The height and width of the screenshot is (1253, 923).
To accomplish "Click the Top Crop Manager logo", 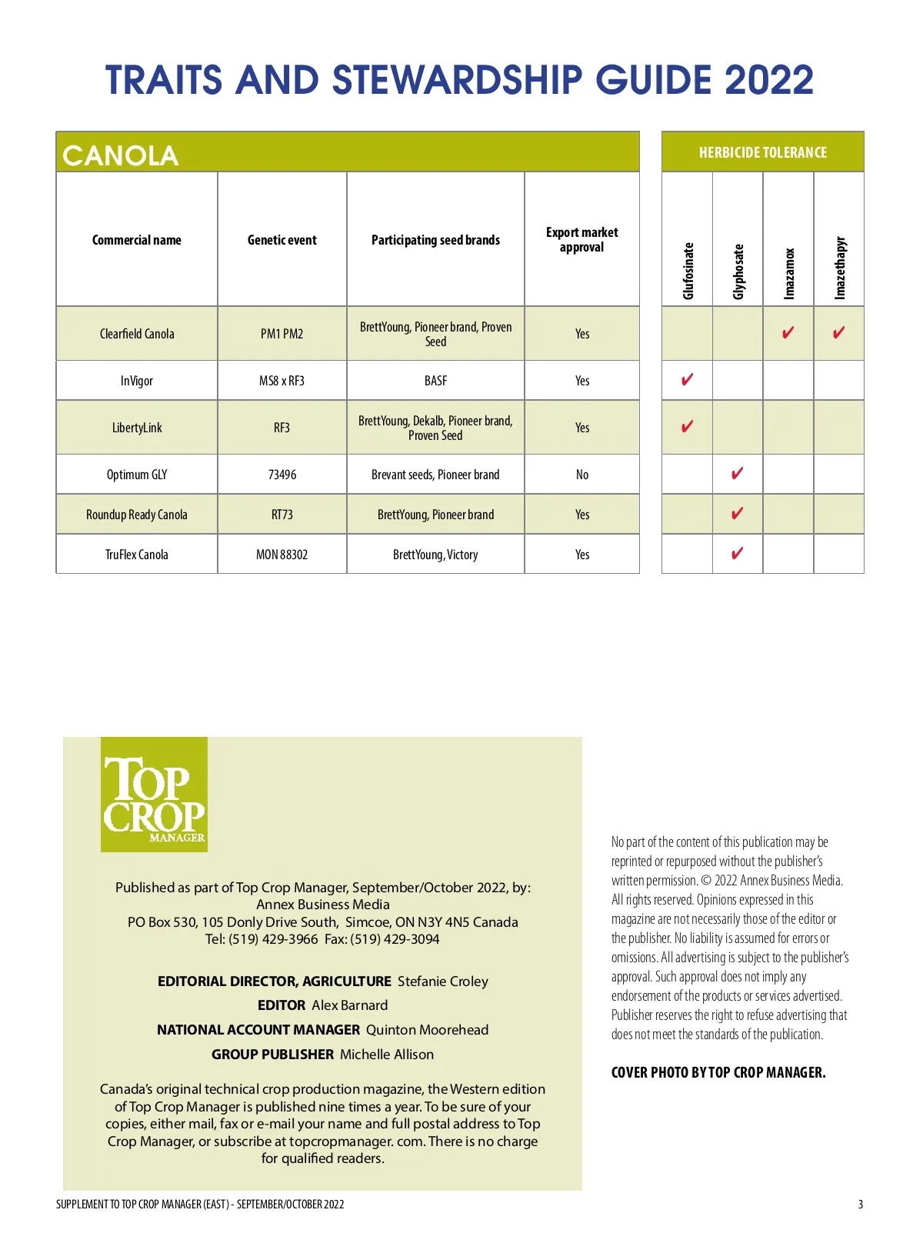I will pos(154,794).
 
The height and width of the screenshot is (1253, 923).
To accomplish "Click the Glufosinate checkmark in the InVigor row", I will pos(687,379).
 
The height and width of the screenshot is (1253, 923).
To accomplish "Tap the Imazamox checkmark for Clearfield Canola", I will pos(788,332).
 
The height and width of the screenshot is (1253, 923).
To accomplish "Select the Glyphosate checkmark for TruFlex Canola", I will pos(737,553).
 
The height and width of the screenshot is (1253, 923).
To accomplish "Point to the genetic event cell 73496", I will pos(282,475).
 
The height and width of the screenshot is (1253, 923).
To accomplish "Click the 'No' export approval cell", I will pos(582,475).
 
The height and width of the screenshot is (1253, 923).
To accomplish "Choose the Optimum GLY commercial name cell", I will pos(137,475).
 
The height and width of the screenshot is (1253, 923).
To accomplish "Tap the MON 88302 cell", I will pos(282,555).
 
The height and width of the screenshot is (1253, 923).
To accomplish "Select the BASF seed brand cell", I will pos(435,381).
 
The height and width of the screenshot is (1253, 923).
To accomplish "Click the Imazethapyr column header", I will pos(840,268).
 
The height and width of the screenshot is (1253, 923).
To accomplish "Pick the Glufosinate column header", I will pos(688,271).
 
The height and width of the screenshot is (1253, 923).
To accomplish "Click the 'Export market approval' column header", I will pos(582,239).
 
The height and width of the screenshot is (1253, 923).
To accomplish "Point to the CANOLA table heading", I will pos(121,155).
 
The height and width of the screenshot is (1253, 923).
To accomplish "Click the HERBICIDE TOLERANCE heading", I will pos(762,152).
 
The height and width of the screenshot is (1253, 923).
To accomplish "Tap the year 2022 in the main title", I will pos(768,80).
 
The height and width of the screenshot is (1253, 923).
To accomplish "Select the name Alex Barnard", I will pos(349,1005).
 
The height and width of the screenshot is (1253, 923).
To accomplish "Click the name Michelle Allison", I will pos(386,1055).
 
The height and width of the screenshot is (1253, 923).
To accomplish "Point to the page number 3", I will pos(861,1205).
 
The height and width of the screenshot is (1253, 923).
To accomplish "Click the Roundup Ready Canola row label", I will pos(137,515).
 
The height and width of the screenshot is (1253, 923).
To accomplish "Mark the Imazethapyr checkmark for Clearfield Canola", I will pos(838,332).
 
